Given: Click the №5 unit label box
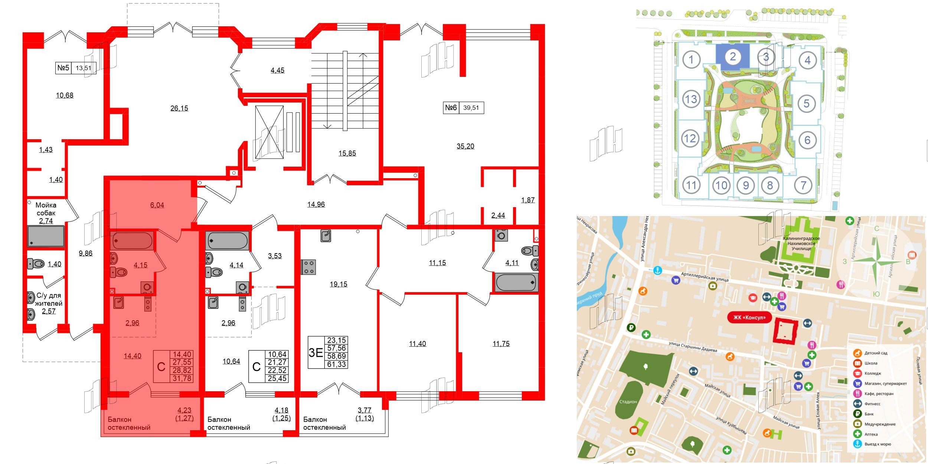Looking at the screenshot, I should coord(76,68).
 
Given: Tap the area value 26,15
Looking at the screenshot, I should coord(179,108).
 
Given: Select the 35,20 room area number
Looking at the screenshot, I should coord(465,146).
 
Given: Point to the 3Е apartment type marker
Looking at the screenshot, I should coord(316,352).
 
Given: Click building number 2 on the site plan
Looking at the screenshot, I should coord(732,57).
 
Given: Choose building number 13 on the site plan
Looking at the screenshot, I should coord(691,99).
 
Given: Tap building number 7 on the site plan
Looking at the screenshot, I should coord(803,185).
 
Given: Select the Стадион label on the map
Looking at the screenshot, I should coord(628,402).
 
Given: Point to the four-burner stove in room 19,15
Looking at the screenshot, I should coord(308,267).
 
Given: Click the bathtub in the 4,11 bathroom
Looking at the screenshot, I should coord(516,282).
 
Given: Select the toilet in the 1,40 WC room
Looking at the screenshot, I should coord(36,264).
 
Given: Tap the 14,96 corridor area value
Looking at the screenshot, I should coord(316,204).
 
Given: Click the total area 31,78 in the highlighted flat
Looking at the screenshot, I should coord(182,378).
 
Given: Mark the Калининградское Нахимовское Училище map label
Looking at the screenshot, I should coord(801,244).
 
